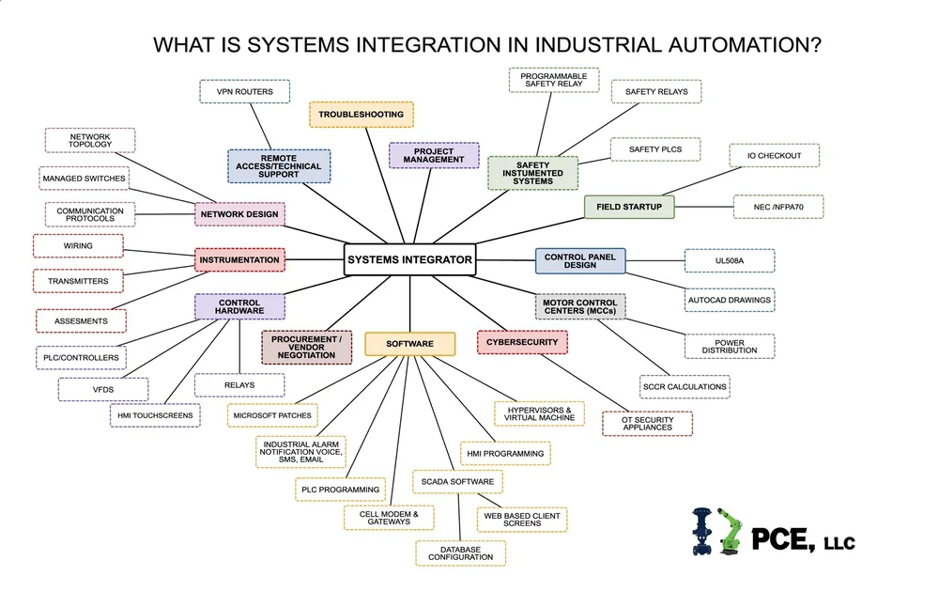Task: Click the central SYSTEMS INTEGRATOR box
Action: (409, 259)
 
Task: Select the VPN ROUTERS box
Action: (244, 92)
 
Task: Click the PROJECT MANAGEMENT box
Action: (433, 155)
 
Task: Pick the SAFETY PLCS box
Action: (654, 149)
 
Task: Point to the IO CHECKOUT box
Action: (774, 155)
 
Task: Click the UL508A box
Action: (729, 260)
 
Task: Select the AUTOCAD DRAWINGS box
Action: (729, 301)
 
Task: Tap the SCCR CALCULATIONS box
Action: (685, 386)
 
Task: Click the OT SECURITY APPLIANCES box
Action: (647, 424)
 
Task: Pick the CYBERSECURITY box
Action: (522, 343)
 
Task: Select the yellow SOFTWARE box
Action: (409, 344)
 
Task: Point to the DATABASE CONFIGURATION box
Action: (460, 553)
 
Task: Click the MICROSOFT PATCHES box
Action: (273, 413)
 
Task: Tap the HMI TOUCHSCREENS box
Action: (154, 415)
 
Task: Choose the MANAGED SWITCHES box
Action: (84, 178)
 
